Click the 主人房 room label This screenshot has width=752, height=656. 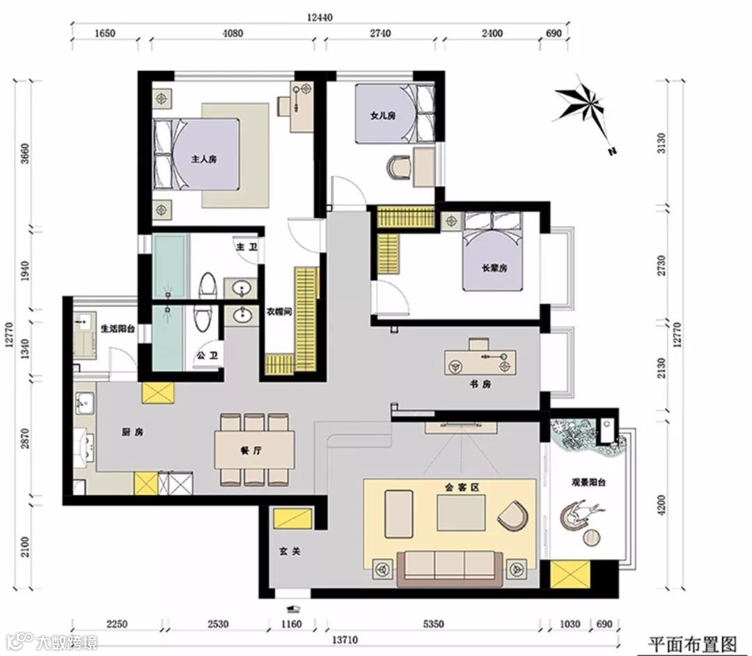(204, 159)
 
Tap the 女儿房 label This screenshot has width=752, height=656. (383, 116)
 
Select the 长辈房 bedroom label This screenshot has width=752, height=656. (494, 268)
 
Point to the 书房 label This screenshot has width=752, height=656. (480, 384)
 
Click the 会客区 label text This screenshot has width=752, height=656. (462, 487)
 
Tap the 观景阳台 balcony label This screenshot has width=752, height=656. (588, 483)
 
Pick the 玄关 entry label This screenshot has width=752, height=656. (290, 552)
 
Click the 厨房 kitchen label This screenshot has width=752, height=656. (132, 432)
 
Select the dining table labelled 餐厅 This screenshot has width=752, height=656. (255, 451)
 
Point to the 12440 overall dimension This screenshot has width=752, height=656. (320, 17)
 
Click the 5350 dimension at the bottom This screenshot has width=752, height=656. (433, 624)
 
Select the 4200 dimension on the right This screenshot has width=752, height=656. (662, 505)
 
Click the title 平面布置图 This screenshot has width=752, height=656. (692, 643)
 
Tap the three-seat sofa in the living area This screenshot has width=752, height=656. (450, 569)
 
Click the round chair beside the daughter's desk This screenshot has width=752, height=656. (399, 167)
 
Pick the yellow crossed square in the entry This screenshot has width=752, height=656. (292, 518)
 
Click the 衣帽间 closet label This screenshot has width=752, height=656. (279, 312)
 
